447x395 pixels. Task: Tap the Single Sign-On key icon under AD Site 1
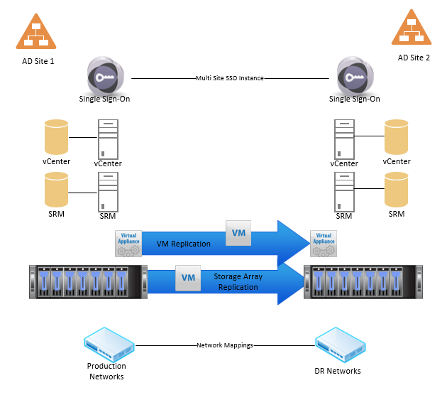(x=104, y=75)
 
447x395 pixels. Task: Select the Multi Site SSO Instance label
(x=229, y=78)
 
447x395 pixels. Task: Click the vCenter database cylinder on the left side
(x=56, y=136)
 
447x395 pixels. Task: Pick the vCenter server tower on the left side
(x=108, y=139)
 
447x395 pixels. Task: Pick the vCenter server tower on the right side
(x=344, y=139)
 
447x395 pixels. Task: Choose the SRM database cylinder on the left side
(x=56, y=189)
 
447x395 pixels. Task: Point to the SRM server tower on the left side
(x=108, y=190)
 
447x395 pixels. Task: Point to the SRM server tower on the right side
(x=344, y=190)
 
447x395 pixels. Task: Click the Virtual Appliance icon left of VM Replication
(x=128, y=243)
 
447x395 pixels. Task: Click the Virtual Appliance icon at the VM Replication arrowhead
(x=324, y=243)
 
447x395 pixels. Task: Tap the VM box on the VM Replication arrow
(x=238, y=233)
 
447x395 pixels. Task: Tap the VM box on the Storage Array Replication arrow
(x=188, y=278)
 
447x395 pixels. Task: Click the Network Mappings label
(x=224, y=345)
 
